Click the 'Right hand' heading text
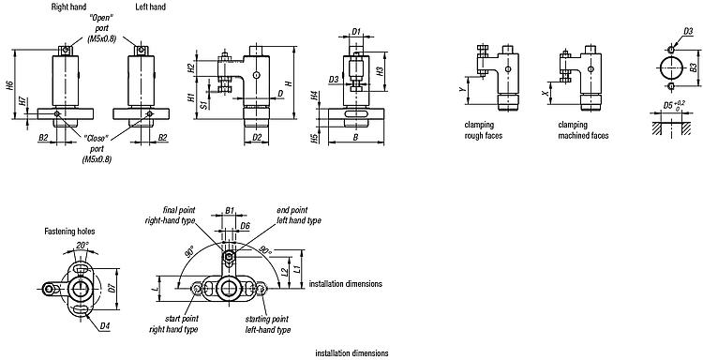(68, 7)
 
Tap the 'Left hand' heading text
(150, 7)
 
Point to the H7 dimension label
(22, 101)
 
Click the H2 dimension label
(190, 68)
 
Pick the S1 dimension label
(204, 104)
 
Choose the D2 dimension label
(257, 137)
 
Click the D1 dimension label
(355, 31)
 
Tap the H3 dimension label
(380, 70)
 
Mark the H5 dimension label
(314, 138)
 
